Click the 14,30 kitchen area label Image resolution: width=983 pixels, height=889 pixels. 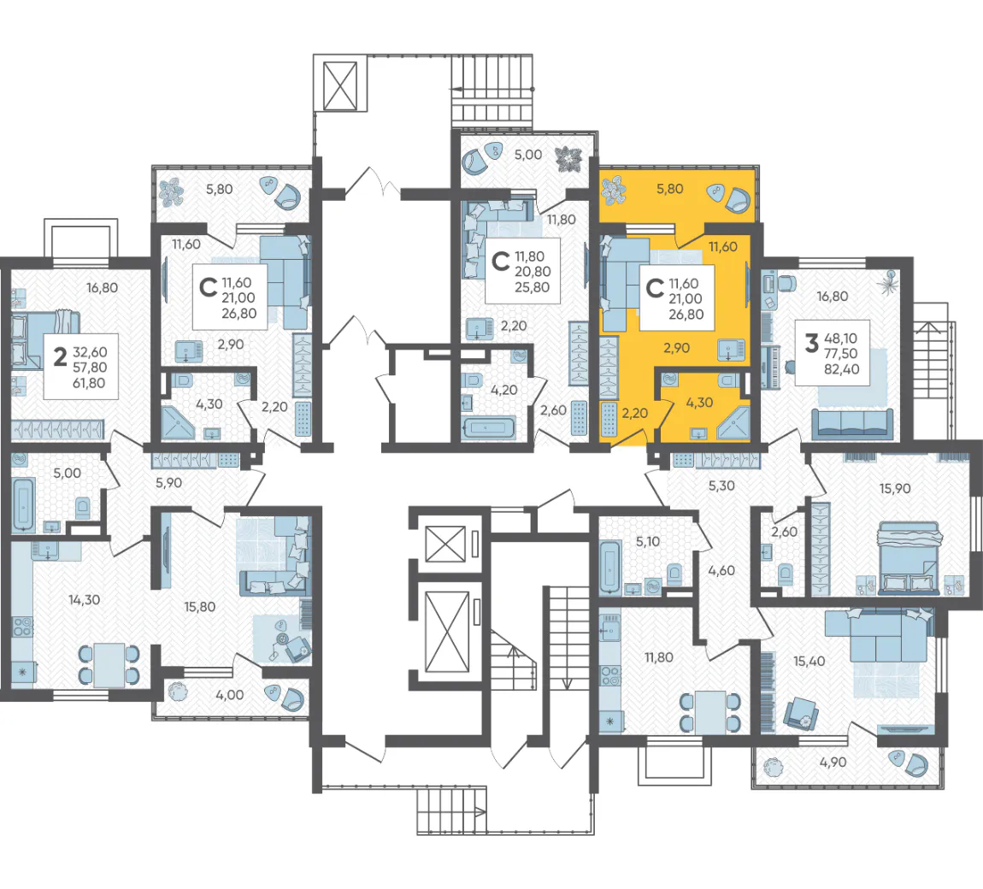click(84, 600)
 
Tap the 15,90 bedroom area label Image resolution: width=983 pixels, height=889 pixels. click(895, 488)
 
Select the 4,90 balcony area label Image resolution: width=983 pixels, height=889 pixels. click(833, 762)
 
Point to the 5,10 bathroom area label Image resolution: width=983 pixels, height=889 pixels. click(648, 542)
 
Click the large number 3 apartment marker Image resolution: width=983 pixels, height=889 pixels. click(812, 343)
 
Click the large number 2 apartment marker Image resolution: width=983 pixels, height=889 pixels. click(60, 356)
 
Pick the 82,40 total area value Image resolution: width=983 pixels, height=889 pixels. click(841, 369)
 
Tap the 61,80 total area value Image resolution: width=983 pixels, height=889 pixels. click(89, 383)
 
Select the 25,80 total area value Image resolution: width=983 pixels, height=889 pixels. click(533, 287)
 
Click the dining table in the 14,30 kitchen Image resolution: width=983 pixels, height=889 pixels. click(109, 665)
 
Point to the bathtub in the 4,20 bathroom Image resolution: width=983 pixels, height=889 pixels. click(489, 429)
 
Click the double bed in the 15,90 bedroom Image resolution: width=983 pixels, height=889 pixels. click(909, 557)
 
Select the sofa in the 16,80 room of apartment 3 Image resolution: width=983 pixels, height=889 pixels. click(852, 424)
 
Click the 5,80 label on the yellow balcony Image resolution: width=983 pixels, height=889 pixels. click(669, 189)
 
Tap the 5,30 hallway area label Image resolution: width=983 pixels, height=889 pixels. click(721, 486)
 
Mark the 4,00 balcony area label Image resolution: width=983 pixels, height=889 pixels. click(229, 695)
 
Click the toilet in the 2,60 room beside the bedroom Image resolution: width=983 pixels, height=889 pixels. click(784, 573)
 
